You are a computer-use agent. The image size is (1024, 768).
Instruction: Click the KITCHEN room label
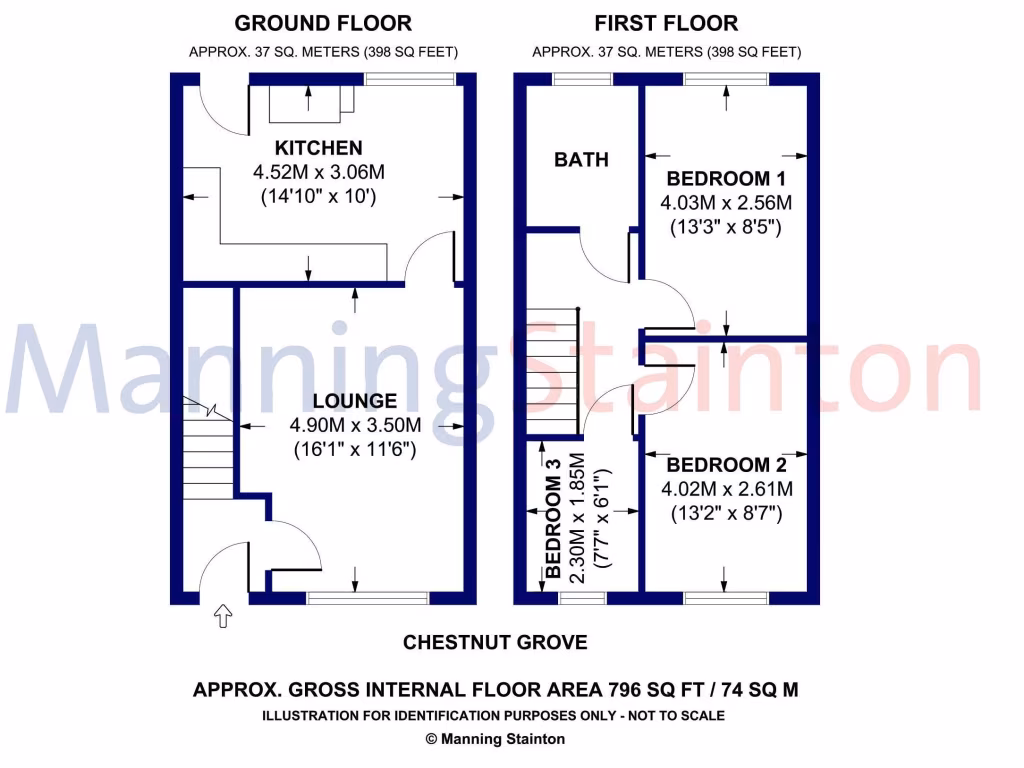(319, 148)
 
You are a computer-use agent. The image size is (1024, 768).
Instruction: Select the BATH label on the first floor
(581, 160)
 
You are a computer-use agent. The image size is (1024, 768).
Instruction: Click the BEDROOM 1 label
(725, 179)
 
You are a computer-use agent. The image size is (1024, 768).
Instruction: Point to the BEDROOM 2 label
(726, 465)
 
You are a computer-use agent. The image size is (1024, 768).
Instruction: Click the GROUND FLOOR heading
(322, 23)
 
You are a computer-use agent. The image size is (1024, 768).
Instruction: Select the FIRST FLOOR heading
(666, 23)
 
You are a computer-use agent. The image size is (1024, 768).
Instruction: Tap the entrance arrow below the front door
(222, 617)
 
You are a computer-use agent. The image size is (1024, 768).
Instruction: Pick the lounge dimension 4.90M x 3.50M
(354, 426)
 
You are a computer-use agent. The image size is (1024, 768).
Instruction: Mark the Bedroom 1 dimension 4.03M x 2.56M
(725, 203)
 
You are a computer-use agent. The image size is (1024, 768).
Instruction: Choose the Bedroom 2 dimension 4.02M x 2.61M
(726, 489)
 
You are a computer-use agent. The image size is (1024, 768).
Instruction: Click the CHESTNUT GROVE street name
(495, 642)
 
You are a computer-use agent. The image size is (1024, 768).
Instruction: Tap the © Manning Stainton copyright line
(495, 739)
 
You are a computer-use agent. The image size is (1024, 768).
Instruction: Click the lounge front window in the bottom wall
(368, 598)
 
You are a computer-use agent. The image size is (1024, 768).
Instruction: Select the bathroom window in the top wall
(583, 79)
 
